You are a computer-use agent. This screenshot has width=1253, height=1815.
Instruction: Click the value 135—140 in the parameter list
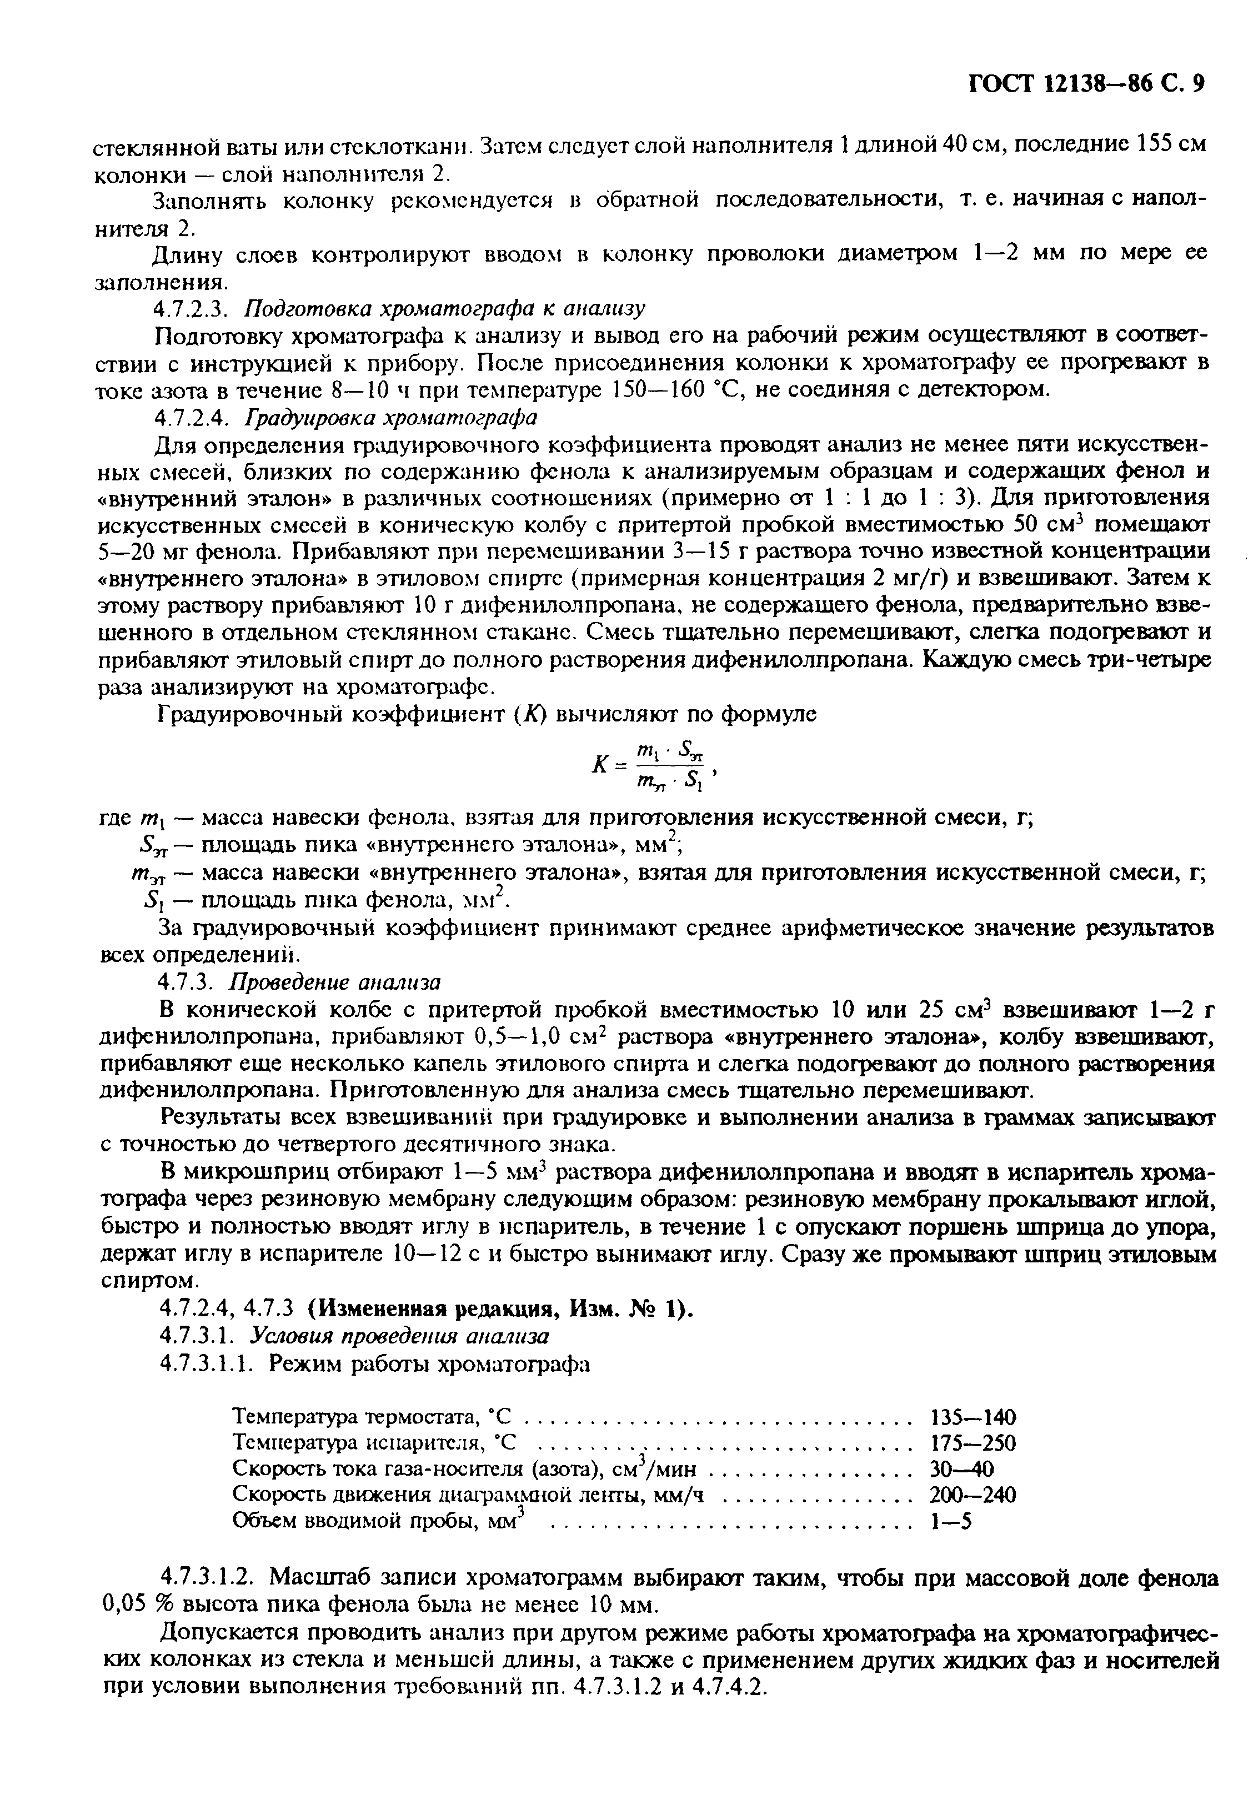pyautogui.click(x=973, y=1417)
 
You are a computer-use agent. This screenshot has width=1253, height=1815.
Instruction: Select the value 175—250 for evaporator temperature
pyautogui.click(x=973, y=1443)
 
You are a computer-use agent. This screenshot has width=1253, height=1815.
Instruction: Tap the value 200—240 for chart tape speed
pyautogui.click(x=973, y=1495)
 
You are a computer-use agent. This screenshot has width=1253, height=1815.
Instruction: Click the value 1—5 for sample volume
pyautogui.click(x=950, y=1521)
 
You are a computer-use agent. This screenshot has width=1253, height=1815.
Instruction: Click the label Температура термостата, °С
pyautogui.click(x=373, y=1417)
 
